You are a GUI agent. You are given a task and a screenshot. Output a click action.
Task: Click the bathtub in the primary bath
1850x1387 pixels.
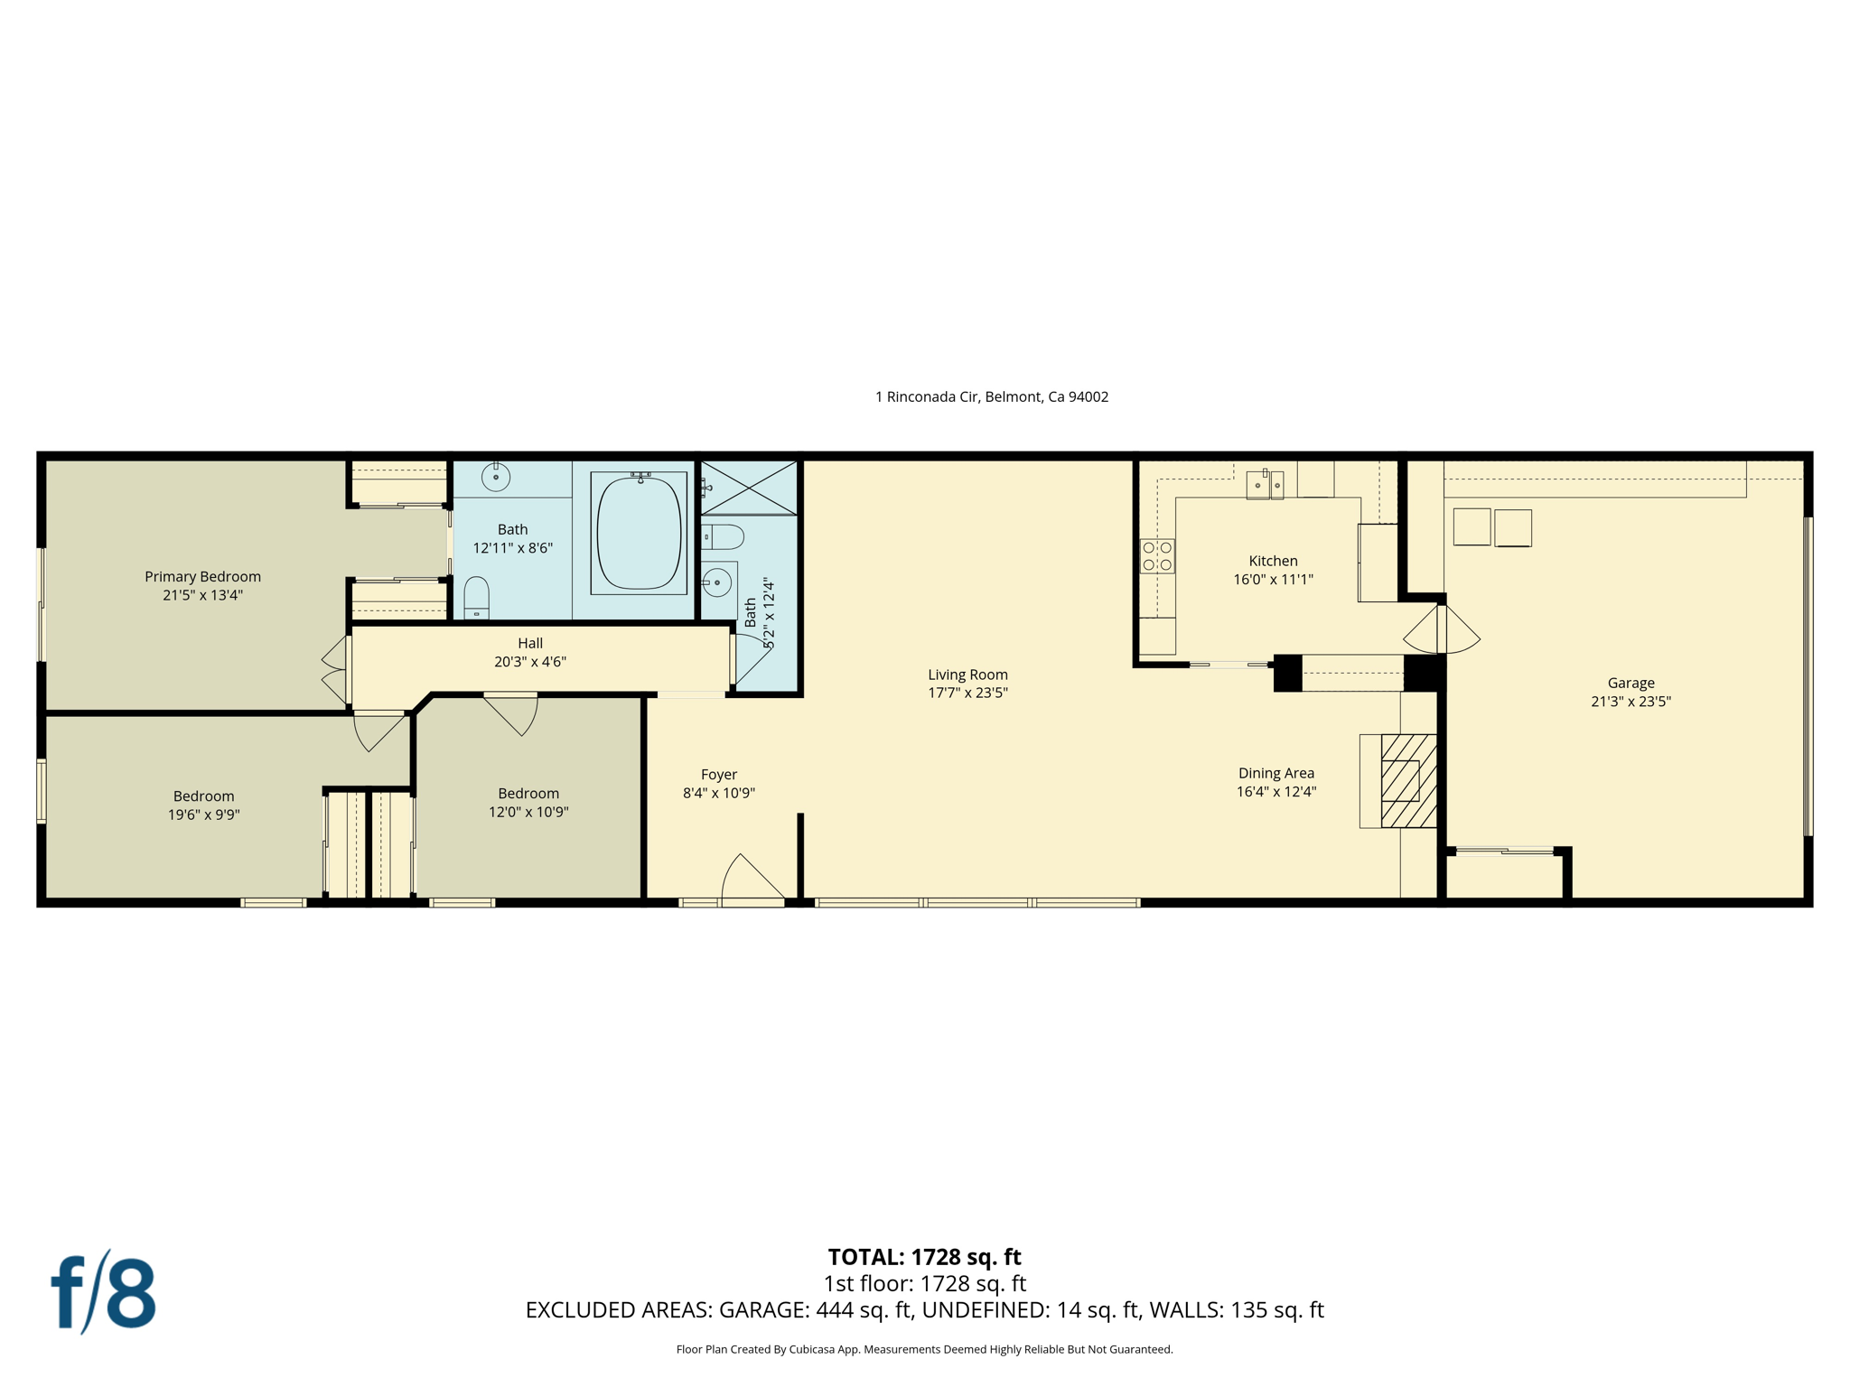click(x=639, y=533)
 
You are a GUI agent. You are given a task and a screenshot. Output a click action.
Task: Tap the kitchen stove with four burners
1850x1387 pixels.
click(x=1157, y=555)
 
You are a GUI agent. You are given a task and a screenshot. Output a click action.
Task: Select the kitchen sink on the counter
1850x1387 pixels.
click(x=1264, y=485)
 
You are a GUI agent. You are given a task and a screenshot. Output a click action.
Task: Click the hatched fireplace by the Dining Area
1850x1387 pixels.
click(x=1407, y=780)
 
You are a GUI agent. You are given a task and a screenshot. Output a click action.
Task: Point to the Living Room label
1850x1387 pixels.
click(x=967, y=675)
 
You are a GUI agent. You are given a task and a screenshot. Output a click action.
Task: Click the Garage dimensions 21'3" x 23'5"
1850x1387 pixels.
click(x=1630, y=702)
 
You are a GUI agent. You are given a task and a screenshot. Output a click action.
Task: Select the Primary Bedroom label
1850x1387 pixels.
click(x=202, y=576)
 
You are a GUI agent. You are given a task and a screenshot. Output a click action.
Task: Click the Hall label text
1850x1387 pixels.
click(x=530, y=643)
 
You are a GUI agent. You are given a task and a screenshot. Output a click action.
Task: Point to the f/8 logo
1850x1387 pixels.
click(x=103, y=1292)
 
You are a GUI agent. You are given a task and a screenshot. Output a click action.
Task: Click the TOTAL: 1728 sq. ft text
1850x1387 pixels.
click(x=924, y=1257)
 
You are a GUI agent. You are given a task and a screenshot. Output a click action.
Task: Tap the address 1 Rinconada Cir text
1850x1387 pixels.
click(x=991, y=396)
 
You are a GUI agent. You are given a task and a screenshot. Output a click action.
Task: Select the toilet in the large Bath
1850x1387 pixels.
click(x=476, y=598)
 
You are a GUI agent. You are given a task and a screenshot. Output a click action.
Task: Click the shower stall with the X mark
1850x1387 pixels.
click(x=749, y=488)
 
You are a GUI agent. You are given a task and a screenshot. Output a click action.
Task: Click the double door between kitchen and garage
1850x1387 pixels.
click(x=1442, y=629)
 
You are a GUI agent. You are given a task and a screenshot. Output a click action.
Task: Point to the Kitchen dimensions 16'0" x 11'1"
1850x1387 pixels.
click(x=1273, y=580)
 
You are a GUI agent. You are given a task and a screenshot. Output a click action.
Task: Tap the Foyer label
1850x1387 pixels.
click(x=719, y=774)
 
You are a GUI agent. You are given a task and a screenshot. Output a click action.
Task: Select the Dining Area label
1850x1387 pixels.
click(x=1275, y=773)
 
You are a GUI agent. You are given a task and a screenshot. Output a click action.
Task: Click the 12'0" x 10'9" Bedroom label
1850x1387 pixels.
click(x=528, y=812)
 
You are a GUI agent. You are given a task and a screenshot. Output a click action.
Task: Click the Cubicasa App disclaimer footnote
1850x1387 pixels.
click(x=924, y=1349)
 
